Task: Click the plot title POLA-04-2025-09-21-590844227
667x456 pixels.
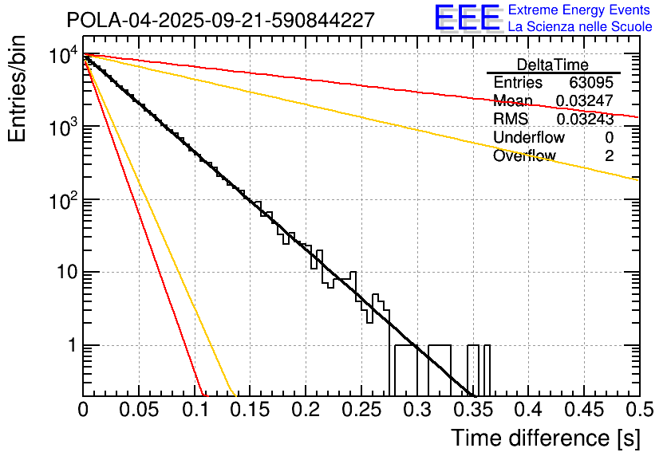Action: [220, 20]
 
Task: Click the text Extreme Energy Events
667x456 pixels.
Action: [579, 10]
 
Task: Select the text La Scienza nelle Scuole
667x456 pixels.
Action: [580, 27]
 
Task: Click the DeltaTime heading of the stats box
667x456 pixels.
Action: [552, 65]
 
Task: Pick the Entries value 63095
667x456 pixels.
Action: [591, 83]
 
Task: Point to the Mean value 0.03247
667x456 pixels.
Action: [585, 101]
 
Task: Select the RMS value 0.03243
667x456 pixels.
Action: [585, 120]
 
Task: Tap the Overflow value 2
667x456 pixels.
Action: [609, 156]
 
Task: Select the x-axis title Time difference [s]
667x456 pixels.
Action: [545, 438]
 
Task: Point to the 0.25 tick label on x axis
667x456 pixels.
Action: [361, 410]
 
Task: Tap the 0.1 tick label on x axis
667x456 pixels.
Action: [194, 410]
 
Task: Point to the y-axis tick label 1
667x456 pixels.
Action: [70, 346]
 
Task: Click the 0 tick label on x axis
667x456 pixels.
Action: [83, 410]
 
